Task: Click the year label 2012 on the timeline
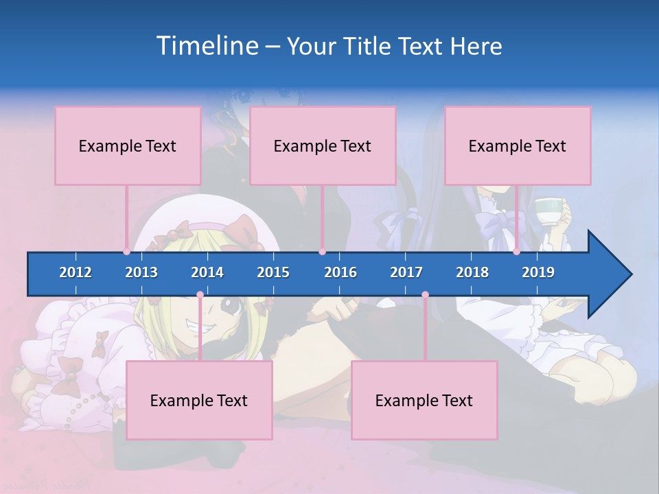pyautogui.click(x=76, y=272)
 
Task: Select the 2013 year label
pyautogui.click(x=141, y=272)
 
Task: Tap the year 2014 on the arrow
pyautogui.click(x=207, y=272)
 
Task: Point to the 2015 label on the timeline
pyautogui.click(x=273, y=272)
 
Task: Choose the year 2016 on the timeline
pyautogui.click(x=340, y=272)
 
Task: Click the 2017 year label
pyautogui.click(x=406, y=272)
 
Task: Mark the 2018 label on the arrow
pyautogui.click(x=472, y=272)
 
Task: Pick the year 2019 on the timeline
pyautogui.click(x=538, y=272)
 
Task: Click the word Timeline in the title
pyautogui.click(x=205, y=46)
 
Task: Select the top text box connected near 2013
pyautogui.click(x=128, y=145)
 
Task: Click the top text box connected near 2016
pyautogui.click(x=323, y=145)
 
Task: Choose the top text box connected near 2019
pyautogui.click(x=518, y=145)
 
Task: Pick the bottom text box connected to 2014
pyautogui.click(x=199, y=400)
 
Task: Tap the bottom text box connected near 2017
pyautogui.click(x=424, y=400)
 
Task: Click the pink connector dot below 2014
pyautogui.click(x=200, y=295)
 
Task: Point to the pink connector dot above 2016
pyautogui.click(x=322, y=252)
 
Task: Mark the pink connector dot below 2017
pyautogui.click(x=425, y=295)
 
